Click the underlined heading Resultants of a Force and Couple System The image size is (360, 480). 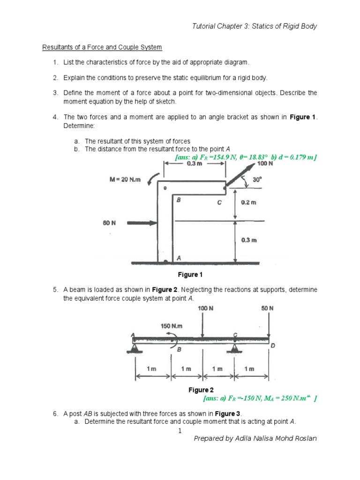coord(102,47)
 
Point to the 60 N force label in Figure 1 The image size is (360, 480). coord(109,223)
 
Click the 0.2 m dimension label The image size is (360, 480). coord(248,203)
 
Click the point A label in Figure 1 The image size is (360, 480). coord(178,257)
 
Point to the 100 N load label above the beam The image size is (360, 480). coord(202,308)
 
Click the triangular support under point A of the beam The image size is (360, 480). coord(135,347)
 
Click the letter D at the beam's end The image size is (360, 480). coord(273,345)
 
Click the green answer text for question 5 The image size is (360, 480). coord(261,398)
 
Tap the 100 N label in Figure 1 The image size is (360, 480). coord(265,164)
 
